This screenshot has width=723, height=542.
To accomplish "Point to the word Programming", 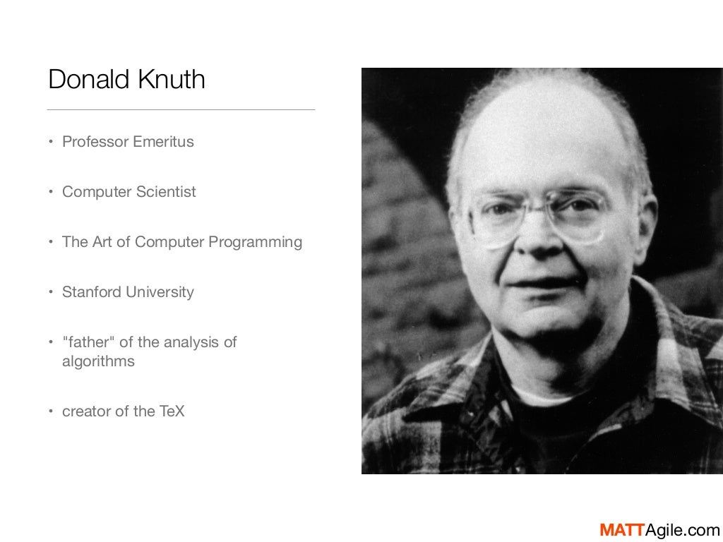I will pyautogui.click(x=255, y=242).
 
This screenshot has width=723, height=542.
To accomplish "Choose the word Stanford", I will pyautogui.click(x=90, y=292).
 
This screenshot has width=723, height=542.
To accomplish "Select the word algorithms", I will pyautogui.click(x=98, y=361).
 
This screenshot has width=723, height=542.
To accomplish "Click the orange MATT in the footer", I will pyautogui.click(x=620, y=530).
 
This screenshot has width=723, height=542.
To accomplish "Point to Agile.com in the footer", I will pyautogui.click(x=680, y=530).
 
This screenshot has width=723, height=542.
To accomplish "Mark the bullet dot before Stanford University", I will pyautogui.click(x=51, y=292).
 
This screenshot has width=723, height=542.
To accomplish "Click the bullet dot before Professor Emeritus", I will pyautogui.click(x=51, y=142).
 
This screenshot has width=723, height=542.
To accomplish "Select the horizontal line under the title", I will pyautogui.click(x=181, y=110).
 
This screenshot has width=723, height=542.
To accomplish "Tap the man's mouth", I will pyautogui.click(x=540, y=284).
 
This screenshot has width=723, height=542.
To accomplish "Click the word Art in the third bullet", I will pyautogui.click(x=102, y=242).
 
